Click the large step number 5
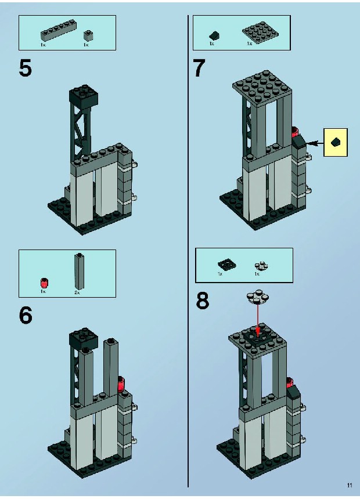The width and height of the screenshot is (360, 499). coord(26,68)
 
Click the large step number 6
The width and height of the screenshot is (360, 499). coord(26,315)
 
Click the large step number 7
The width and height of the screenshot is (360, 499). coord(199,68)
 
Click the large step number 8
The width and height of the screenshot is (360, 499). coord(203,301)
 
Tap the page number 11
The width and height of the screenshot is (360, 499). coord(350,485)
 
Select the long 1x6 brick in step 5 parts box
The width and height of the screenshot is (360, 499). coord(58,31)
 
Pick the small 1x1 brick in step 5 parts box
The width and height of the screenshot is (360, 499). coord(88,35)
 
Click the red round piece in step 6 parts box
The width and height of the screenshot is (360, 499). coord(44,283)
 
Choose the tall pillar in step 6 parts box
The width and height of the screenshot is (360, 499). coord(79,271)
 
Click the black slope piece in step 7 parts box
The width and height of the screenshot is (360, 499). coord(214,35)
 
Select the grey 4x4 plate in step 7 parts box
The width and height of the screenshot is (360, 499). coord(260,31)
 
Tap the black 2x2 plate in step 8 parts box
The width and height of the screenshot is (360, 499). coord(226,265)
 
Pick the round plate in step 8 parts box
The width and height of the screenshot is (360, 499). coord(261,266)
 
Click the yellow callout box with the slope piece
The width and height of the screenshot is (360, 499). coord(336,142)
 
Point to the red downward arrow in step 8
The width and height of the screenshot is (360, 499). coord(257,320)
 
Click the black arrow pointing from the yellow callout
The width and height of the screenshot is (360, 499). coord(315,143)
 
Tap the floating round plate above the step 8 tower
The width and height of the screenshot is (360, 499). coord(257,296)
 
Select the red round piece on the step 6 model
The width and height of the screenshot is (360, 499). coord(121,384)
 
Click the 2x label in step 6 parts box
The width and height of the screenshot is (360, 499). coord(77,292)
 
